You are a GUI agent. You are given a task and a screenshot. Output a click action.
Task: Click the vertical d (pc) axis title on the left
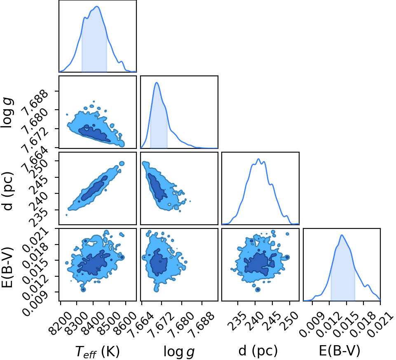pos(8,191)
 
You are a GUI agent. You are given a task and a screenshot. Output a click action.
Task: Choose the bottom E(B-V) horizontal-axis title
pos(340,351)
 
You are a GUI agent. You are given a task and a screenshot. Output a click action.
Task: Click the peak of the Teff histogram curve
pos(97,7)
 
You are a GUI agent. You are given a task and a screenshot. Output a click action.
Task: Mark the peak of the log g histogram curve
pos(157,82)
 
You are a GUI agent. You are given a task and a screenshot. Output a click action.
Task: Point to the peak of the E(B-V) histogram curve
pos(342,235)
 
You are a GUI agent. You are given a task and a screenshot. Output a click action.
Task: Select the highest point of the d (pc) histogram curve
pos(258,159)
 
